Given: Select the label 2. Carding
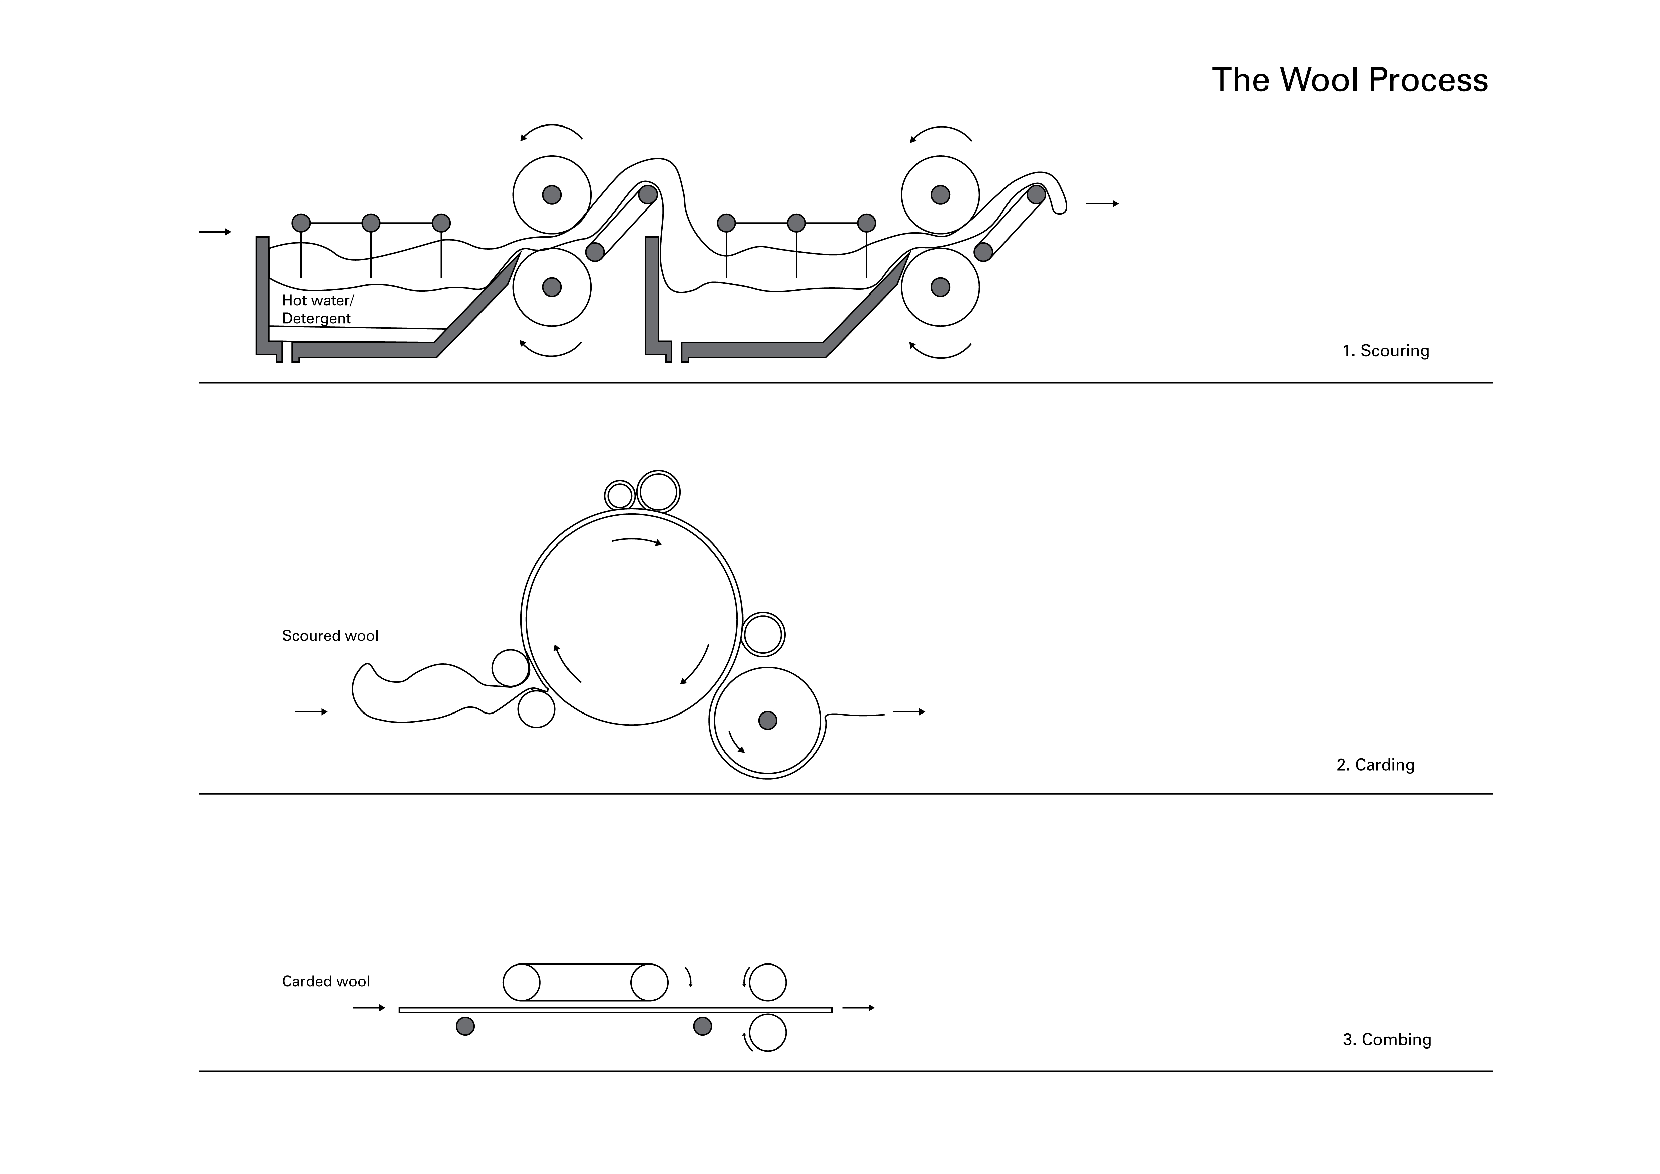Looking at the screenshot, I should click(x=1375, y=765).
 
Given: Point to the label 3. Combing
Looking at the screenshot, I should click(x=1387, y=1039).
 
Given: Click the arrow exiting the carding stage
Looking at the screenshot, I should click(x=909, y=712).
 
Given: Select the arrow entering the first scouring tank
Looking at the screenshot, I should click(x=215, y=232).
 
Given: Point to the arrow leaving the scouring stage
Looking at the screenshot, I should click(x=1102, y=204).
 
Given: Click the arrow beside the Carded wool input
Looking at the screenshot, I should click(x=369, y=1008).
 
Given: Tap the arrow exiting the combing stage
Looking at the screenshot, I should click(x=858, y=1008).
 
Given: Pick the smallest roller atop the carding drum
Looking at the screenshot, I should click(x=620, y=495).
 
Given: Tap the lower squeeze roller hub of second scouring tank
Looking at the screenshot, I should click(x=940, y=287).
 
